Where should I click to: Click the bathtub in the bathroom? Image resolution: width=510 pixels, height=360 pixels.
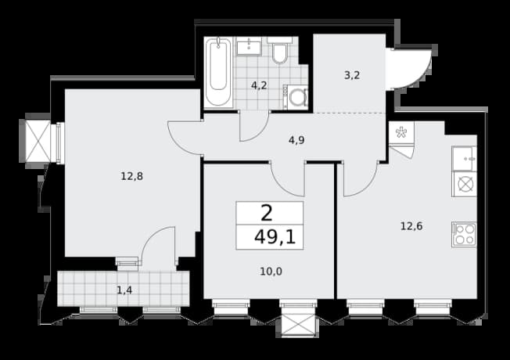(218, 72)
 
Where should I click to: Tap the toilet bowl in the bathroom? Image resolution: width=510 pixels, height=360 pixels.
(279, 52)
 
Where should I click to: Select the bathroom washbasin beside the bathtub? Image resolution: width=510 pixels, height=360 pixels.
(249, 46)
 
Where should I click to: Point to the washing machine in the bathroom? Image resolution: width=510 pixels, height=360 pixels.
(296, 97)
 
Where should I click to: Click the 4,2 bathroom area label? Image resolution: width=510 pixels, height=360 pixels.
(259, 85)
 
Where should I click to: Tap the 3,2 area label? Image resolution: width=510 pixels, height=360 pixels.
(352, 75)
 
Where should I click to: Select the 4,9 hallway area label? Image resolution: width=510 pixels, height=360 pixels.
(296, 140)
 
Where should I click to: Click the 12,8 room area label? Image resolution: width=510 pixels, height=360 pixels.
(131, 176)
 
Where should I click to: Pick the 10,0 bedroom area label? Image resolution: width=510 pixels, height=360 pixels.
(271, 271)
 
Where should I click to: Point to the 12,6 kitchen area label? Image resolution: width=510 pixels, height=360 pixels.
(411, 226)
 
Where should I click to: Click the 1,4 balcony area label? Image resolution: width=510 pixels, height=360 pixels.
(124, 290)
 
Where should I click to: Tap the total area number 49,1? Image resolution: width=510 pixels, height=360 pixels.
(275, 237)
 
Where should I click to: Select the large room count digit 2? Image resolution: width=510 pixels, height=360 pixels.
(267, 214)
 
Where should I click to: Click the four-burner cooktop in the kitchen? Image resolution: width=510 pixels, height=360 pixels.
(464, 234)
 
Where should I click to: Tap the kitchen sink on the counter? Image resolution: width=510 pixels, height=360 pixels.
(464, 159)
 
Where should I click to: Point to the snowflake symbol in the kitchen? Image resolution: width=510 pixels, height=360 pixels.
(401, 132)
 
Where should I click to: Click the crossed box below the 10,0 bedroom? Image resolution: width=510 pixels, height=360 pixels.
(298, 324)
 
